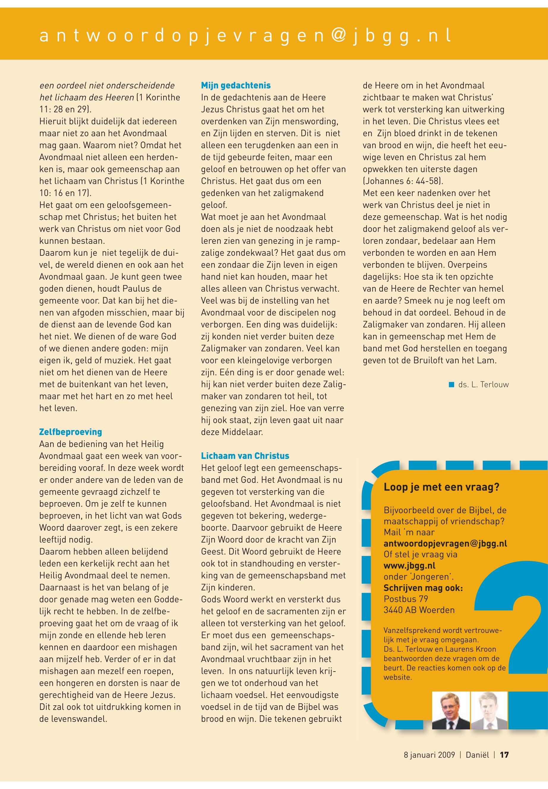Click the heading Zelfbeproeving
point(70,432)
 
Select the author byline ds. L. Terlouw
point(483,384)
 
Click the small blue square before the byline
point(452,384)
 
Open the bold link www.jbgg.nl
point(409,565)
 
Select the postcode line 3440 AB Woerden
point(419,610)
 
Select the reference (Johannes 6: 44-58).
point(403,181)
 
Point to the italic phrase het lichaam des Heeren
point(86,97)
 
